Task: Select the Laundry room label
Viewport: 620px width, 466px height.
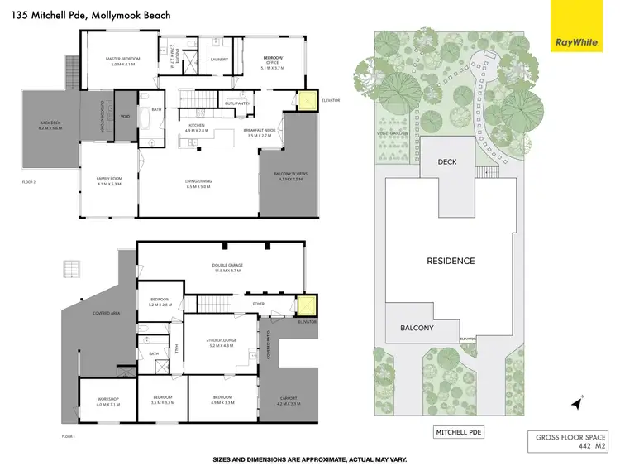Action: (219, 60)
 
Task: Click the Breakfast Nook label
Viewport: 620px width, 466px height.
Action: (259, 132)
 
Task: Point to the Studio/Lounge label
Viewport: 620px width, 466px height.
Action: (222, 343)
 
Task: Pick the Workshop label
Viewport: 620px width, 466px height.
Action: (108, 401)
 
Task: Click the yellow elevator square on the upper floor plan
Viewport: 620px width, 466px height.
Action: (306, 102)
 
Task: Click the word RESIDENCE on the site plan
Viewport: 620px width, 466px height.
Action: (451, 261)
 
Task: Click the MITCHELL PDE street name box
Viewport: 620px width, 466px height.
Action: (458, 432)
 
